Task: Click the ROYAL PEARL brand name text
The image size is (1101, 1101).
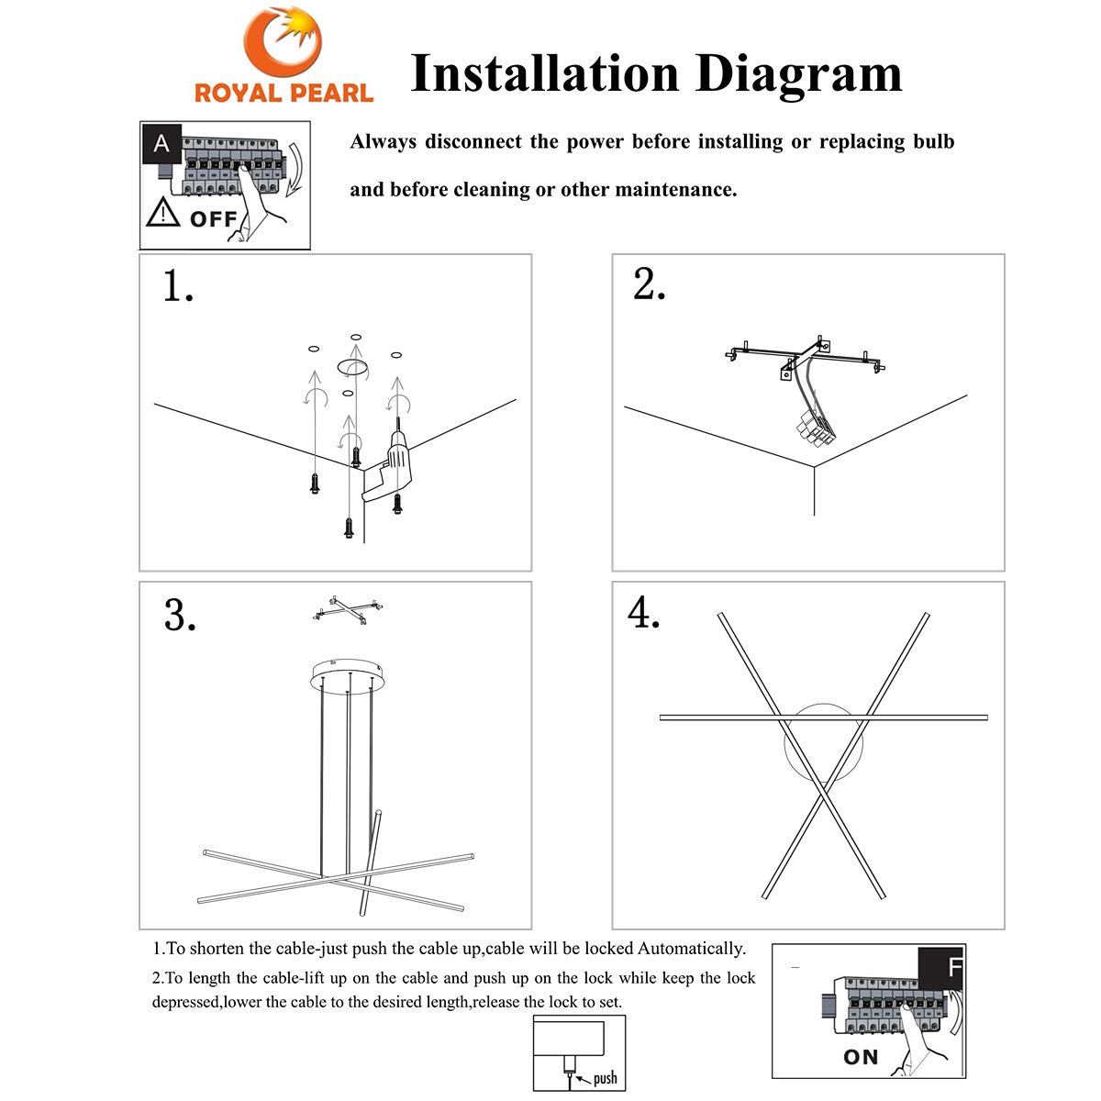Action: pos(284,94)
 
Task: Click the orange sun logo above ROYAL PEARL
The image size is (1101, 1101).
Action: pos(283,41)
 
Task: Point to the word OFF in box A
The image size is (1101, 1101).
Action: pos(213,219)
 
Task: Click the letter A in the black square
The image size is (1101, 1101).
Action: pos(161,143)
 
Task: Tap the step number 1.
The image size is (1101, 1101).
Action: pos(178,285)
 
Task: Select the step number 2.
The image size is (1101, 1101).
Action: pos(650,284)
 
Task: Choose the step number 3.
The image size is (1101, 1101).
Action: pos(180,616)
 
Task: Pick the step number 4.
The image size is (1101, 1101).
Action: pos(643,612)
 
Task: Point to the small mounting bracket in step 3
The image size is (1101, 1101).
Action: pos(348,610)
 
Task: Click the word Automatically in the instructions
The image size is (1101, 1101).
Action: pos(692,949)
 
